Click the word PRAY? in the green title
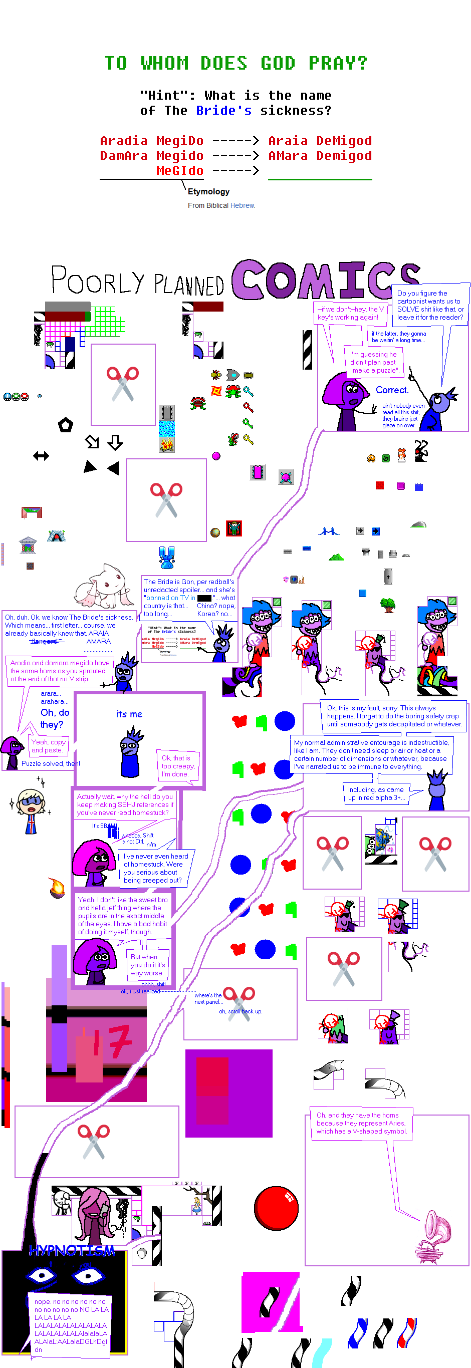(x=338, y=63)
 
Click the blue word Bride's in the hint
(x=223, y=111)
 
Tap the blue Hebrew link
(x=243, y=205)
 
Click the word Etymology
(x=208, y=192)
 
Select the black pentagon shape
(x=65, y=425)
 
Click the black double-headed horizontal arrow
(x=41, y=456)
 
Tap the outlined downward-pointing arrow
(x=115, y=442)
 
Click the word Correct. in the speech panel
(x=392, y=390)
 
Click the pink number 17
(x=112, y=1042)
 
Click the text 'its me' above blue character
(x=129, y=714)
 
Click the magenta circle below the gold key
(x=216, y=456)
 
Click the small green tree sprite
(x=388, y=604)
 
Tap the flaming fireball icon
(x=57, y=886)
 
